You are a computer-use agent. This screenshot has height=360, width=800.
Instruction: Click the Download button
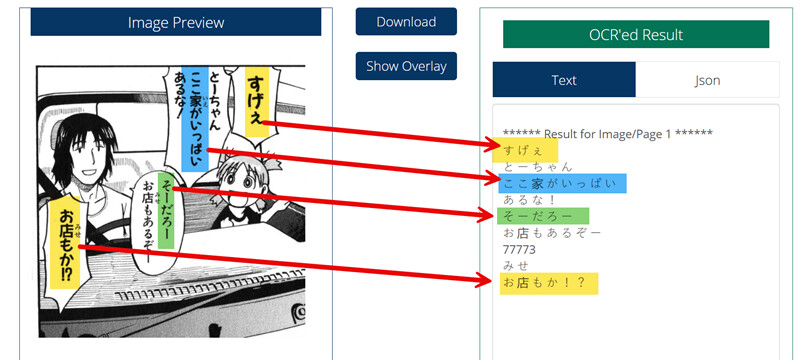pos(406,22)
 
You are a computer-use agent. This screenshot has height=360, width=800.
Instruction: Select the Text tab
pos(564,80)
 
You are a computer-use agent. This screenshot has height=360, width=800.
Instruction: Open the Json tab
pos(707,80)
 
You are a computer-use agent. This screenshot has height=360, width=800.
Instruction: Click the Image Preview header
pos(176,22)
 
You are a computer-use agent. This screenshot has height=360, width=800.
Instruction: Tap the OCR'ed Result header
pos(636,35)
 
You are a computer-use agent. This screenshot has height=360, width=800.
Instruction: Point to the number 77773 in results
pos(519,250)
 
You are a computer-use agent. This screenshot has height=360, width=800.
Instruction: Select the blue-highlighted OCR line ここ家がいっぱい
pos(562,184)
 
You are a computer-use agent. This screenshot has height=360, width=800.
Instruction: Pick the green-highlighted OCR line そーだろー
pos(543,216)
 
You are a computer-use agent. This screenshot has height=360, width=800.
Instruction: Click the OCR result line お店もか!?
pos(548,283)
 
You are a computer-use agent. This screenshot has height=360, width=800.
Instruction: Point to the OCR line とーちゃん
pos(538,167)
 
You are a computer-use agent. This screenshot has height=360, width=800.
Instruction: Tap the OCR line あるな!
pos(529,200)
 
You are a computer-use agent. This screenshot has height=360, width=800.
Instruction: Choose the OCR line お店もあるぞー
pos(552,233)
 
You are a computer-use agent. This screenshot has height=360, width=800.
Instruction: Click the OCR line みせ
pos(516,266)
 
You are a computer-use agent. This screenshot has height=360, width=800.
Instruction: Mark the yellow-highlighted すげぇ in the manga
pos(257,101)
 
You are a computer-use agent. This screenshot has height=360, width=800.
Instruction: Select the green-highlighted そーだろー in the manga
pos(166,211)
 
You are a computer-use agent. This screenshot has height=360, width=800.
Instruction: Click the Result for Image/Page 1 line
pos(608,134)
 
